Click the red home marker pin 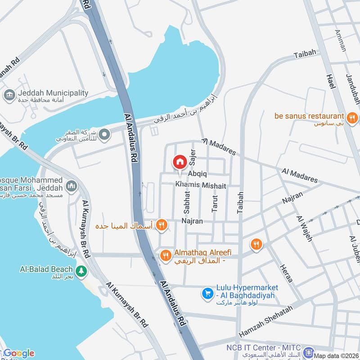click(x=180, y=162)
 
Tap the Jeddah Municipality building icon click(x=9, y=95)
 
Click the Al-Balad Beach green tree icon click(x=81, y=271)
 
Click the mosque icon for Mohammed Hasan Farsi click(x=71, y=185)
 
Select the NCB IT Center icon click(x=308, y=352)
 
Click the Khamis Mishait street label click(x=201, y=185)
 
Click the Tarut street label click(x=215, y=202)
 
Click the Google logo click(x=19, y=353)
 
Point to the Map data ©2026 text click(x=336, y=355)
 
